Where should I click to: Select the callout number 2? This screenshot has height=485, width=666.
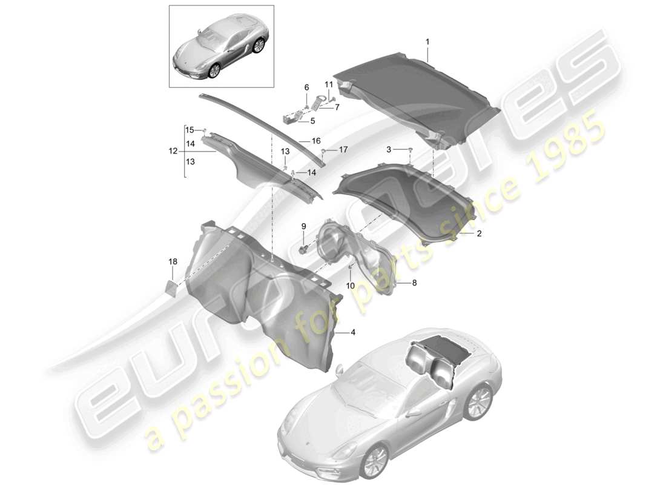point(478,233)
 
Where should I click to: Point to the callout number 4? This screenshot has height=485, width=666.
point(353,333)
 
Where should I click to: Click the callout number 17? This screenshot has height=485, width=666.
point(343,149)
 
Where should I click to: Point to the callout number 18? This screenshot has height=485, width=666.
point(173,261)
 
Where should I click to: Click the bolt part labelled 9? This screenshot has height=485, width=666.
point(303,249)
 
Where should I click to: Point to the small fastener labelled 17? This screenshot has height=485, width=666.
point(324,150)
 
